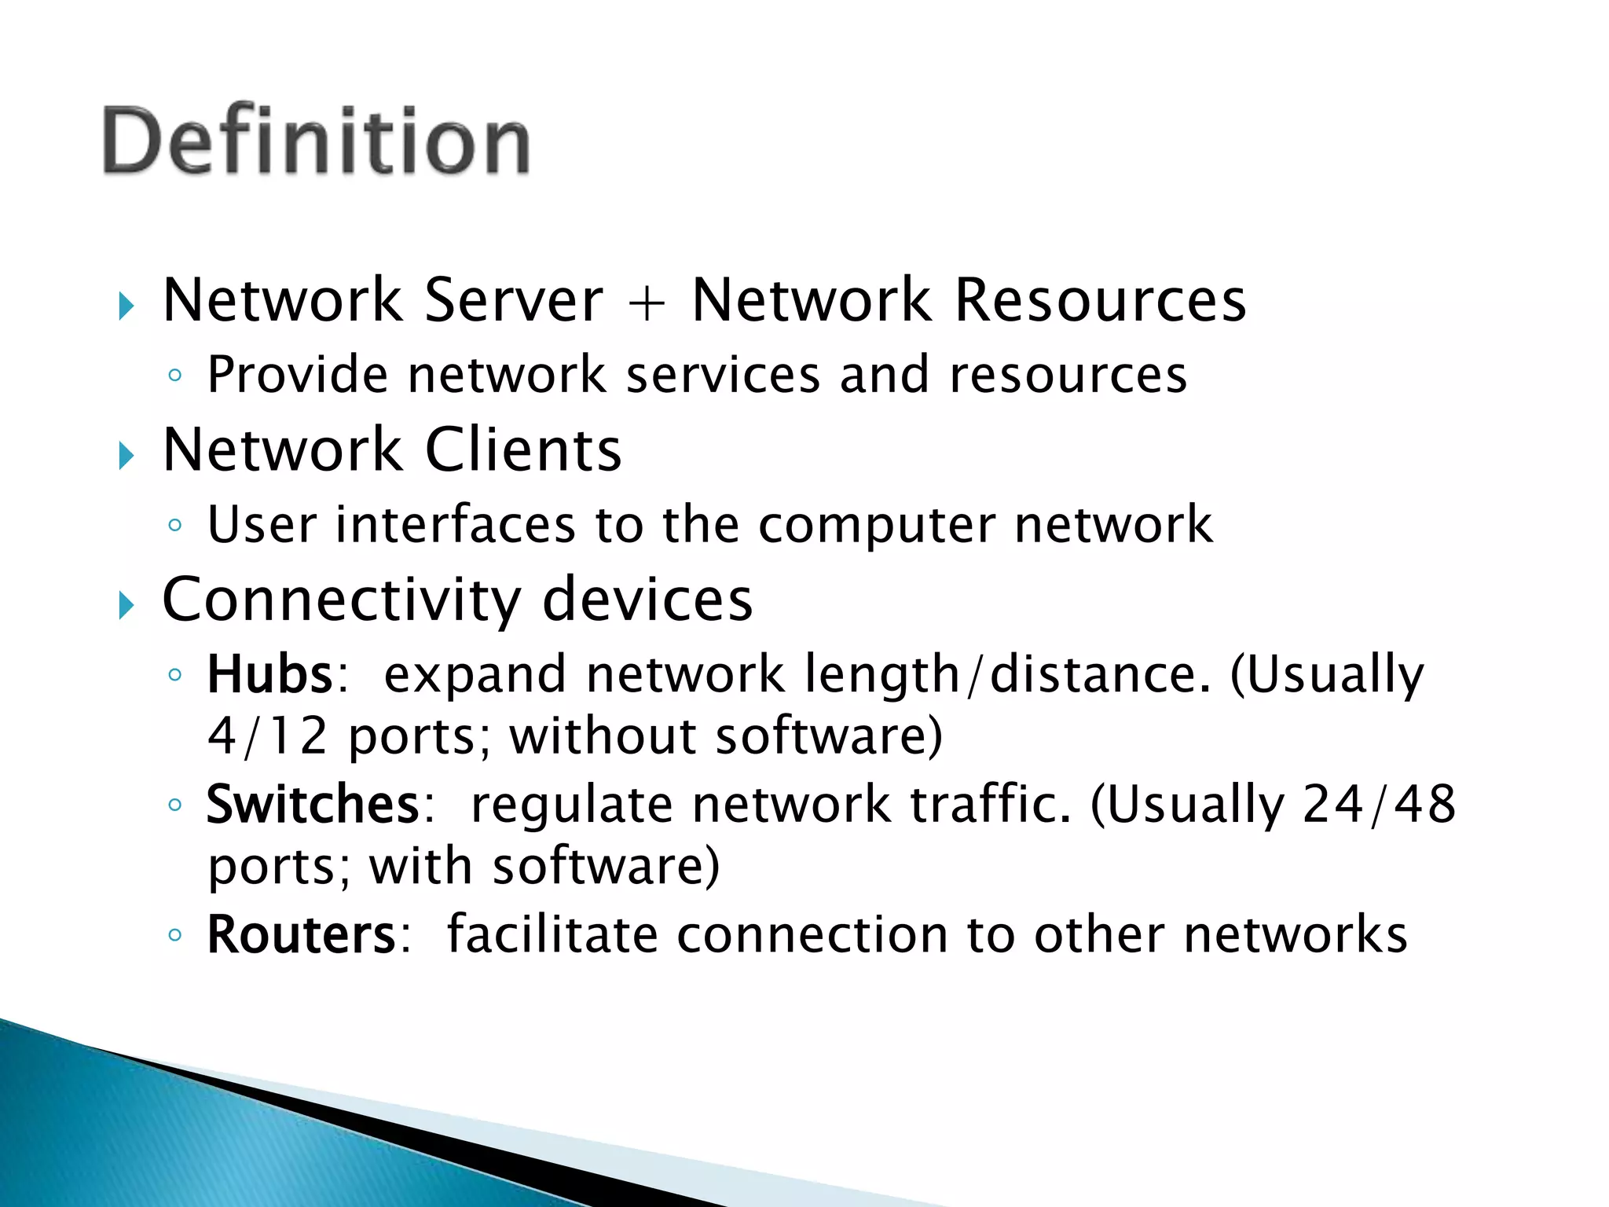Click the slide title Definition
tap(316, 141)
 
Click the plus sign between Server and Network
tap(647, 302)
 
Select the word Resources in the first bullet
tap(1100, 300)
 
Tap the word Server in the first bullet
tap(514, 300)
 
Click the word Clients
tap(523, 449)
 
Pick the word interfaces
tap(456, 524)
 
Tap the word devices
tap(647, 599)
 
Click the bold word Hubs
tap(270, 674)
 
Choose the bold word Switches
tap(313, 804)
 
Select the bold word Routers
tap(302, 934)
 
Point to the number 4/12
tap(267, 736)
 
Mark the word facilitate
tap(552, 934)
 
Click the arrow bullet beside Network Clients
tap(126, 455)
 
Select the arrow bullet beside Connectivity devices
tap(126, 605)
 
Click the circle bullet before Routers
tap(175, 935)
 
